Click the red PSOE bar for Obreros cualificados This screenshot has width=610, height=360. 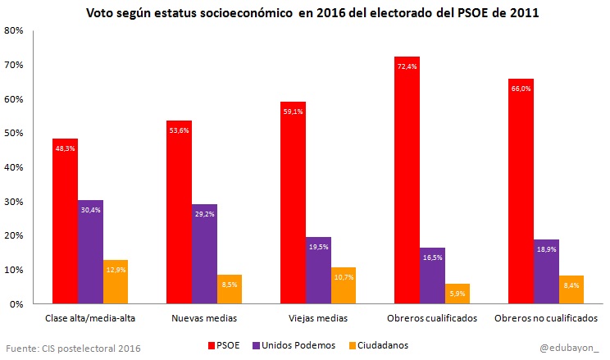(x=407, y=180)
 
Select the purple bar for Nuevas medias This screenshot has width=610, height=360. (x=204, y=254)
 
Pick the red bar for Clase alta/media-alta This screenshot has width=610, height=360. (x=65, y=221)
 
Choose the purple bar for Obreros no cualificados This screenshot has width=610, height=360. (x=546, y=271)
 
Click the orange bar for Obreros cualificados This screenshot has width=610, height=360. (x=457, y=294)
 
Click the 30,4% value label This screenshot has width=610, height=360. (x=90, y=209)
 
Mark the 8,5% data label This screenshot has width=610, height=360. (x=230, y=283)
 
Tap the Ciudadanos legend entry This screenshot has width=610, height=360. (x=379, y=345)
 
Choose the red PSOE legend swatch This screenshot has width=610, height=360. (x=212, y=345)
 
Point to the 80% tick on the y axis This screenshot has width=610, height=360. (x=14, y=30)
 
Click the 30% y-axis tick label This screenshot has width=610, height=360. (x=14, y=202)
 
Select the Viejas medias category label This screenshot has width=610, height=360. (x=318, y=318)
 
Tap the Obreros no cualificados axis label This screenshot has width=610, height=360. (x=546, y=318)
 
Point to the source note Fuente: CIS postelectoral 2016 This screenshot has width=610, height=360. (x=73, y=348)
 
